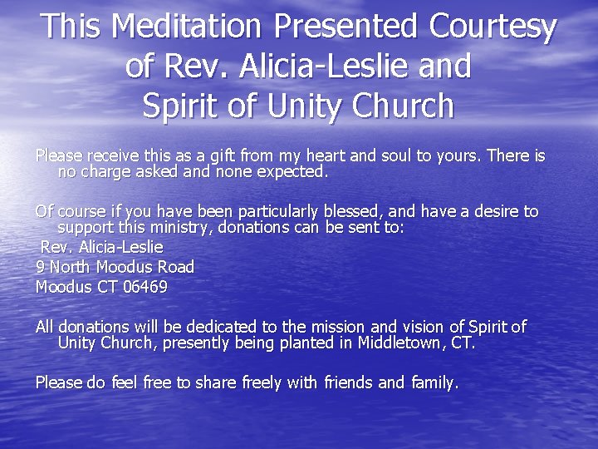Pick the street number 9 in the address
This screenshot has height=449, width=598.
point(40,267)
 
